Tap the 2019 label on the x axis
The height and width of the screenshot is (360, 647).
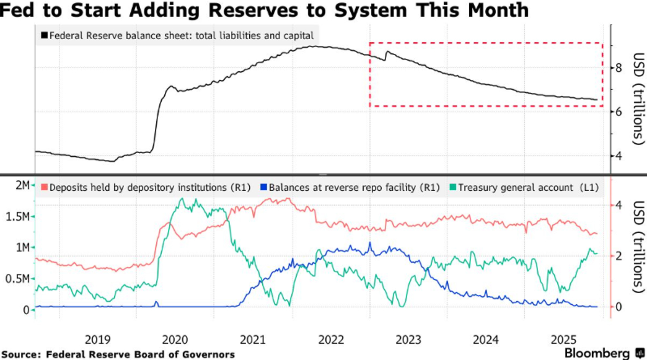(97, 340)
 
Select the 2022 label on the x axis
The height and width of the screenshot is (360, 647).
(331, 340)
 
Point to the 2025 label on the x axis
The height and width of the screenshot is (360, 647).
(564, 340)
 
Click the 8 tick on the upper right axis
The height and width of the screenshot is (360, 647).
(619, 68)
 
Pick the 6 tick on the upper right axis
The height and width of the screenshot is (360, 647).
(619, 112)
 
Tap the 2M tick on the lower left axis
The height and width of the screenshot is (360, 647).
(22, 185)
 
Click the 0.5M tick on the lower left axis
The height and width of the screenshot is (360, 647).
(17, 279)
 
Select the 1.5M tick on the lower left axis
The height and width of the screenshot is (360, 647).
(17, 216)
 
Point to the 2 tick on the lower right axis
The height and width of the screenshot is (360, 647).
(619, 256)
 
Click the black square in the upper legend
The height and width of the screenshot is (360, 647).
(44, 35)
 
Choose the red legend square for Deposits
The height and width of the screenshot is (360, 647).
(44, 187)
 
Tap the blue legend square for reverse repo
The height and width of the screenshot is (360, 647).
(264, 187)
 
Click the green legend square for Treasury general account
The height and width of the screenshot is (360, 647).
(452, 187)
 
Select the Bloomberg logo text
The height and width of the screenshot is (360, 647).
(597, 353)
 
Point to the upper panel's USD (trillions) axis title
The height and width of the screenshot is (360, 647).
(638, 98)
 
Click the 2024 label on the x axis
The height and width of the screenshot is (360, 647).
(486, 340)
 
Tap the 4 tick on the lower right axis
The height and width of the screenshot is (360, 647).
(619, 205)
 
